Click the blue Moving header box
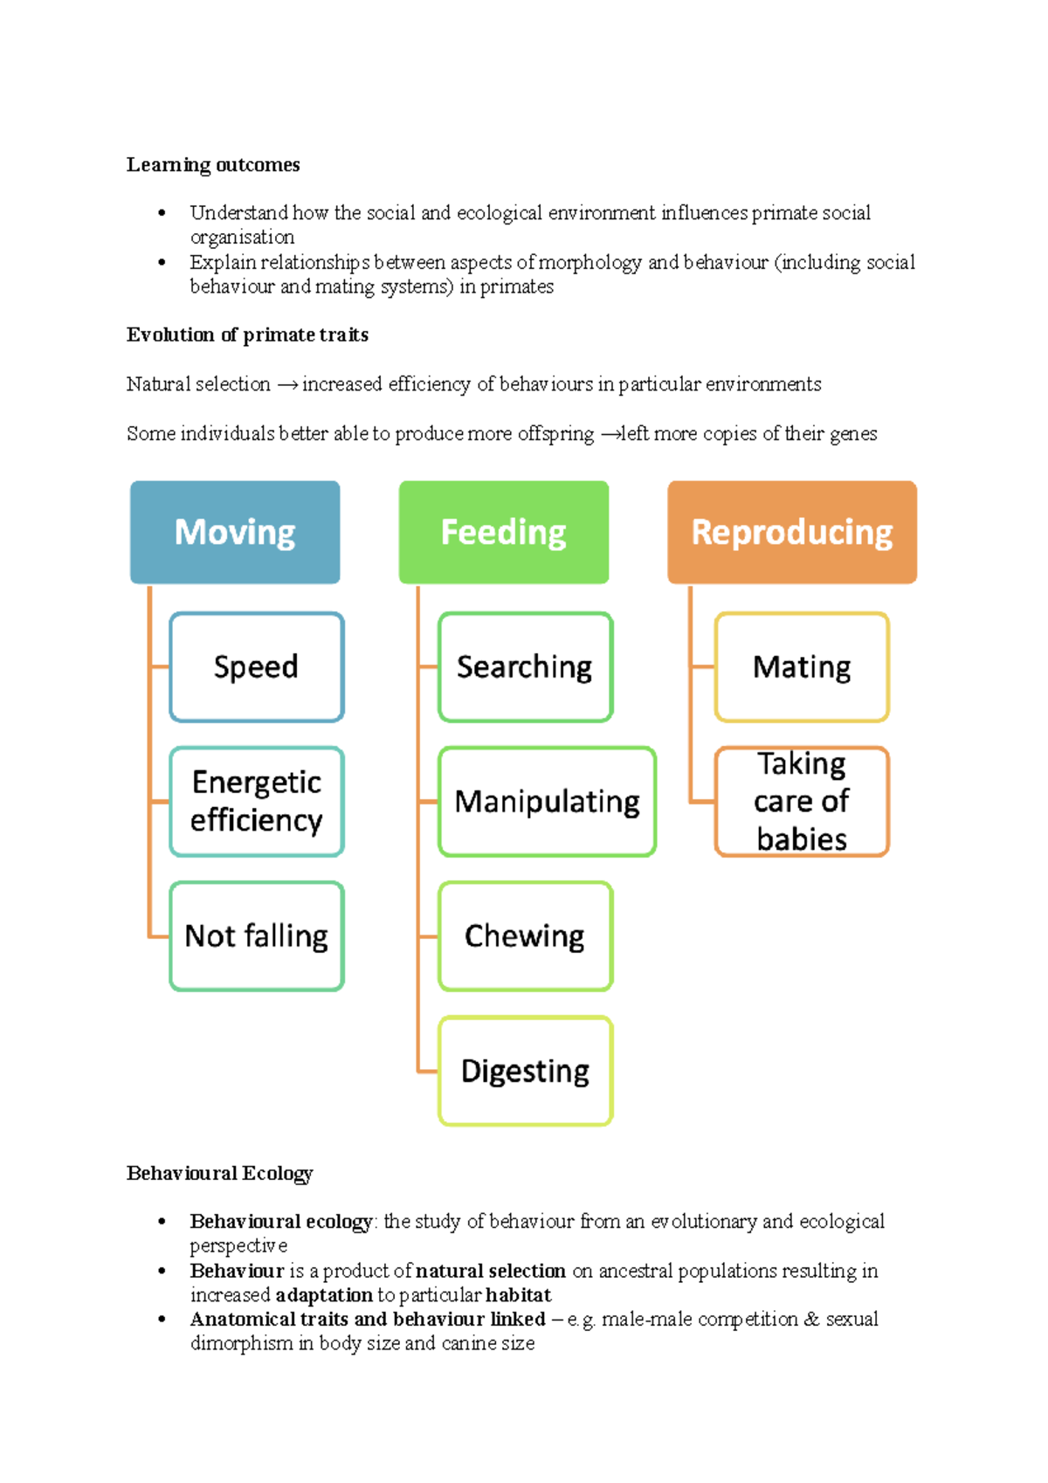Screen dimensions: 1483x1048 click(235, 532)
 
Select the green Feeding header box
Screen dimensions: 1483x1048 click(504, 532)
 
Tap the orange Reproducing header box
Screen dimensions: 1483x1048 click(792, 532)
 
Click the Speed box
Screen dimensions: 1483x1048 click(257, 667)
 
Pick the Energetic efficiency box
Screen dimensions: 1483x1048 click(257, 802)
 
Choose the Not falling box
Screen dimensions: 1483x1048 click(257, 936)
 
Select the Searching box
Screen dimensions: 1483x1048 click(525, 667)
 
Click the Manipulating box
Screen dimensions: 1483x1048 click(547, 802)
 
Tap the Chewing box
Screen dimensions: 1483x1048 click(525, 936)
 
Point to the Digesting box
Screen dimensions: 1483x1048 click(525, 1071)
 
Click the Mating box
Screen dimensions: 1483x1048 click(802, 667)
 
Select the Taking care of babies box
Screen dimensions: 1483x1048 click(802, 802)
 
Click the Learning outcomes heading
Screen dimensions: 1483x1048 click(213, 165)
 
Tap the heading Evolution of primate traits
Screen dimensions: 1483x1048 click(247, 335)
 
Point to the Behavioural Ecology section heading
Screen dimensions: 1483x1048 click(219, 1173)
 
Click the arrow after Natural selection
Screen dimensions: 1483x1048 click(287, 385)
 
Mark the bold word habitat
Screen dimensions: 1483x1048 click(519, 1294)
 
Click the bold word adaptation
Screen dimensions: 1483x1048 click(324, 1294)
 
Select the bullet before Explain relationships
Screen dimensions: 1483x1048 click(162, 262)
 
